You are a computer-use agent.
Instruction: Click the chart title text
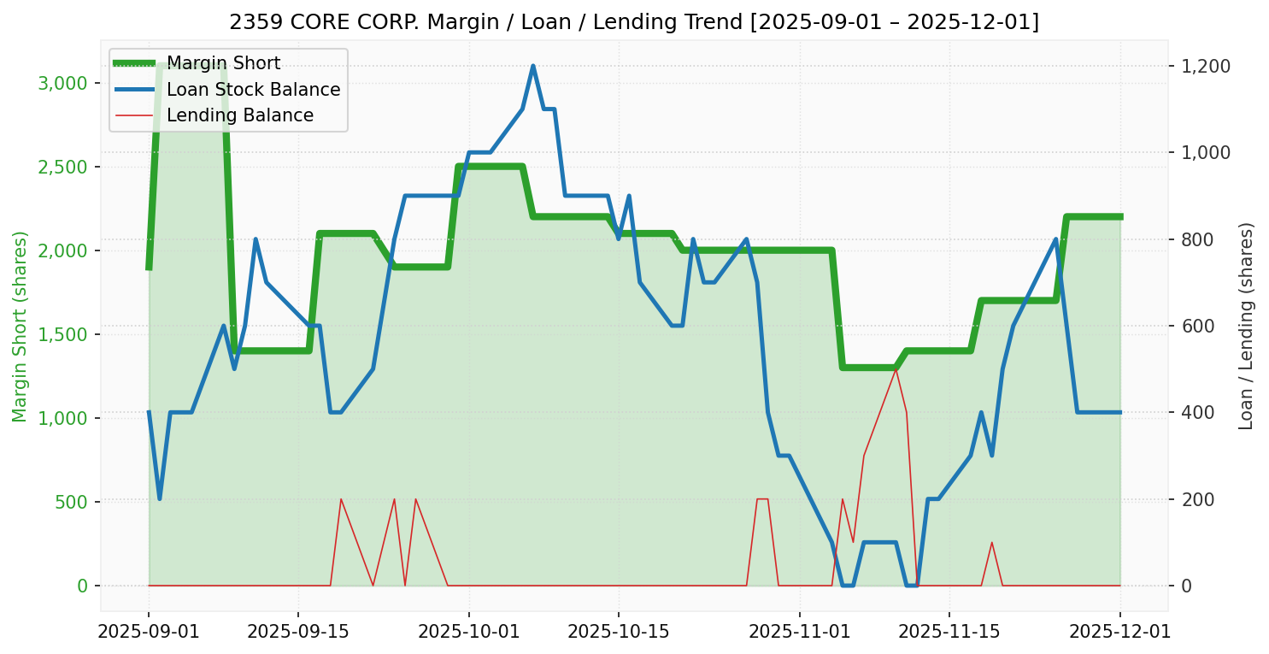coord(634,22)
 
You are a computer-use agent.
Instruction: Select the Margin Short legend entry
coord(223,63)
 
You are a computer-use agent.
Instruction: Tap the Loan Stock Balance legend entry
coord(253,90)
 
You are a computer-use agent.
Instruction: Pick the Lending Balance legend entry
coord(239,115)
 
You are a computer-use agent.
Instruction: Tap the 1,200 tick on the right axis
coord(1206,66)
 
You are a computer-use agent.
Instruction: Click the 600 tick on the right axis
coord(1200,326)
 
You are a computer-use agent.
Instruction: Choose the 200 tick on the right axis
coord(1200,499)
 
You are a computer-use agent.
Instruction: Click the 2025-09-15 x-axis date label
coord(298,633)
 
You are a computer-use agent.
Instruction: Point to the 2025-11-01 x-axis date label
coord(800,633)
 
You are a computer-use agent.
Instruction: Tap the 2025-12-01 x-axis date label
coord(1120,633)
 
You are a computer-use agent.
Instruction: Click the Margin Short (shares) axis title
coord(20,327)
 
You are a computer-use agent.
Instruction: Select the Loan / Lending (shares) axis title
coord(1246,326)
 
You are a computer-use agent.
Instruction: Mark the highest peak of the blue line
coord(532,66)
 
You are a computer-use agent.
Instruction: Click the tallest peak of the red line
coord(896,368)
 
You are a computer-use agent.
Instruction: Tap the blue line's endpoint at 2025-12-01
coord(1120,412)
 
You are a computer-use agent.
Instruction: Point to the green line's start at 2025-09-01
coord(149,268)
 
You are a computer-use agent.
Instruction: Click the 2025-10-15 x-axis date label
coord(619,633)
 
